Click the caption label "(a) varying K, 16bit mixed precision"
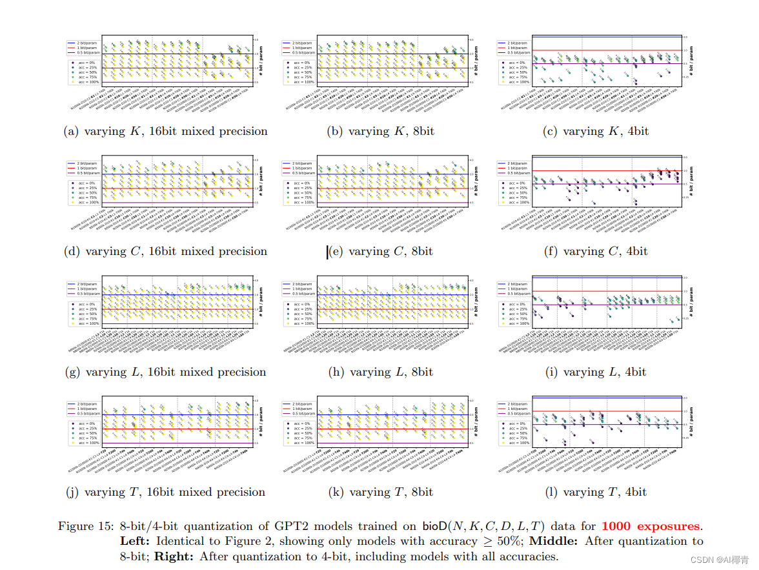tap(166, 132)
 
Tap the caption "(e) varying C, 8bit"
tap(381, 252)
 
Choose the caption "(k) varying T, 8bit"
tap(381, 493)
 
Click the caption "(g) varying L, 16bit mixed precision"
tap(166, 372)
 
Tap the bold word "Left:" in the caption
tap(136, 541)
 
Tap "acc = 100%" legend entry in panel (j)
tap(88, 443)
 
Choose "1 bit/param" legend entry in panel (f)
tap(517, 168)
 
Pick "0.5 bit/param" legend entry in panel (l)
tap(518, 414)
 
